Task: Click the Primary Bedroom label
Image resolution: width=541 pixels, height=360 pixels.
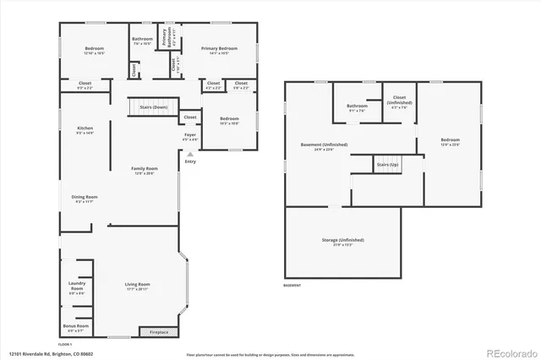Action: point(219,50)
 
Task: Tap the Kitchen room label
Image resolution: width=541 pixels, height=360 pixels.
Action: point(85,129)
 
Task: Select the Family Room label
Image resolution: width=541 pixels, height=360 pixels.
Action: point(143,170)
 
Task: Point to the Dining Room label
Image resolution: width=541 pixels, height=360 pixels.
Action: point(85,199)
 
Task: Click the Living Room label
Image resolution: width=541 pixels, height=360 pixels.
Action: point(138,286)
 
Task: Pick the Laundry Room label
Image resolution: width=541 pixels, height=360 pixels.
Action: point(76,290)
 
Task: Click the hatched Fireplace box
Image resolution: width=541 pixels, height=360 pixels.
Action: point(159,330)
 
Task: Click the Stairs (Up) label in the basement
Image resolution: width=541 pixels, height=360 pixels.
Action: point(387,165)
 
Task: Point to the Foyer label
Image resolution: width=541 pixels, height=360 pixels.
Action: point(191,136)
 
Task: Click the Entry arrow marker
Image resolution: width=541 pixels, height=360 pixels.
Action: point(190,155)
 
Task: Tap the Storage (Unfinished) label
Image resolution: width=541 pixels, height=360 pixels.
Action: point(342,243)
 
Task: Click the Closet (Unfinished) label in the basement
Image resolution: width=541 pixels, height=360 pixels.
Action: point(397,104)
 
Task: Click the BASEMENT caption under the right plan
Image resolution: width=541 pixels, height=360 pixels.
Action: point(292,285)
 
